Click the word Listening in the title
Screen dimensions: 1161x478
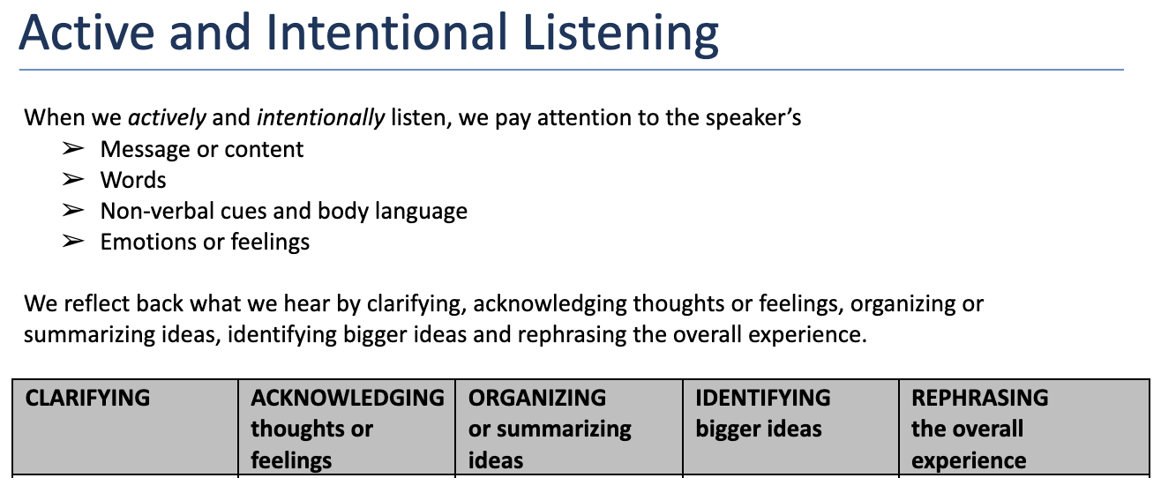(620, 34)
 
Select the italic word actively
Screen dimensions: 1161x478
(167, 118)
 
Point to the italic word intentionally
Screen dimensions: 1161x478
(321, 118)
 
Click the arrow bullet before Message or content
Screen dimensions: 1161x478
(73, 149)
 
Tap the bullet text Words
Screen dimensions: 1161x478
(133, 180)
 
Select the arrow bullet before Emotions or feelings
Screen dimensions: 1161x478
(73, 242)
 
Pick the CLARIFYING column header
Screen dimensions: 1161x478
(87, 399)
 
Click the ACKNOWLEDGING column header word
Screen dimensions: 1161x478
(348, 399)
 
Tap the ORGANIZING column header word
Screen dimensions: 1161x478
(537, 399)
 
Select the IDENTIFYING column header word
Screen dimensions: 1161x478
(763, 399)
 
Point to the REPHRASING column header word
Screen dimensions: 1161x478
(979, 399)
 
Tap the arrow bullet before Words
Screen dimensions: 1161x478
(73, 180)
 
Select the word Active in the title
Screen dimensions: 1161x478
(86, 32)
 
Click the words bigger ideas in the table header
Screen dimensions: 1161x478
(759, 429)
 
